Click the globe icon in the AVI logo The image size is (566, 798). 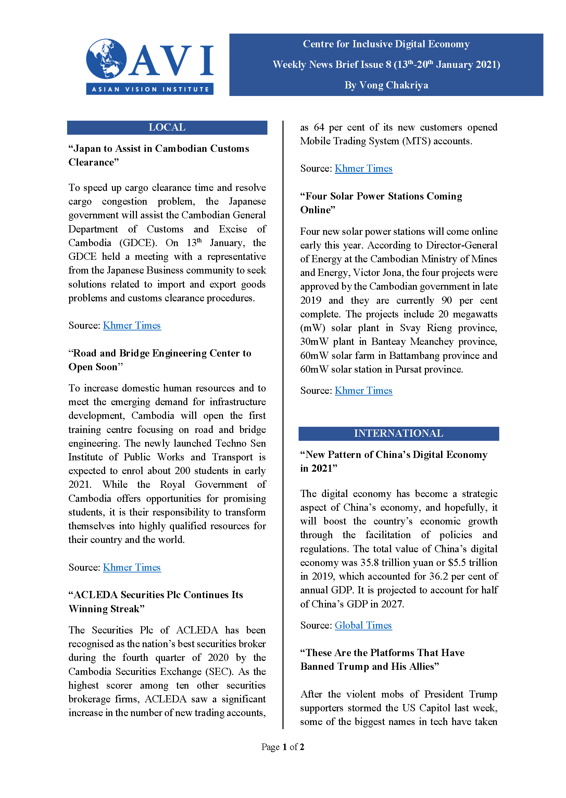[x=106, y=59]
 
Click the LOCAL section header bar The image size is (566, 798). [x=167, y=128]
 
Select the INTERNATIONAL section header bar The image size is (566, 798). [x=398, y=433]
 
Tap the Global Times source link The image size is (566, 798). [x=363, y=625]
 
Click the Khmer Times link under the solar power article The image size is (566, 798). [x=364, y=390]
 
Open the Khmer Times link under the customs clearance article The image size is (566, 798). [x=132, y=325]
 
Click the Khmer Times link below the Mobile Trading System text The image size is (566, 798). [x=364, y=169]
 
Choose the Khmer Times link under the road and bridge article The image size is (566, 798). [x=132, y=567]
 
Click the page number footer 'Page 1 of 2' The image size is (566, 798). [x=282, y=747]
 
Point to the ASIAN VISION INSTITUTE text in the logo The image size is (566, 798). [x=150, y=89]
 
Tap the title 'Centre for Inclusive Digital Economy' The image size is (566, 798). [x=386, y=44]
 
